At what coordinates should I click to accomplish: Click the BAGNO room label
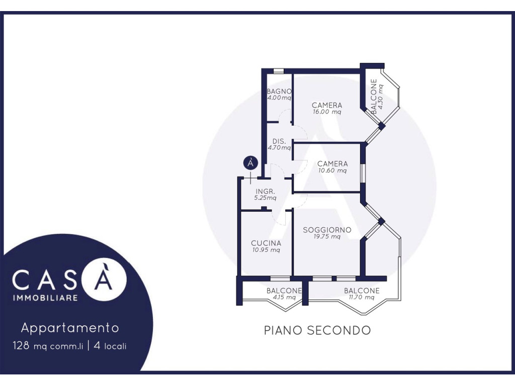click(x=279, y=91)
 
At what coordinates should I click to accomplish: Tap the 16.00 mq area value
click(x=327, y=112)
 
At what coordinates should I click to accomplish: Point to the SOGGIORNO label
click(x=327, y=230)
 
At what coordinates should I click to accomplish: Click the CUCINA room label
click(x=266, y=243)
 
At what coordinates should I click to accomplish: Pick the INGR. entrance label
click(x=266, y=191)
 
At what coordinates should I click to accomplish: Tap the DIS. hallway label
click(x=279, y=141)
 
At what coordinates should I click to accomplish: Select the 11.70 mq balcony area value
click(x=362, y=298)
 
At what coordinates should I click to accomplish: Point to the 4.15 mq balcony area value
click(x=284, y=298)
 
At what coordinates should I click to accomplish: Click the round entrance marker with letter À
click(x=250, y=163)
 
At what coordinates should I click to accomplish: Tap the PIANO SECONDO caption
click(x=317, y=330)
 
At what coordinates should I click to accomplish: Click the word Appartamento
click(x=70, y=328)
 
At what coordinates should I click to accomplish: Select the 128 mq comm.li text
click(x=48, y=346)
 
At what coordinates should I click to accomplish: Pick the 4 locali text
click(x=110, y=346)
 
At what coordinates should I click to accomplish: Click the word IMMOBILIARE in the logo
click(x=45, y=298)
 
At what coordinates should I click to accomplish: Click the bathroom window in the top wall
click(x=279, y=71)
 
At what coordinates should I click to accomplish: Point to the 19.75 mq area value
click(x=327, y=237)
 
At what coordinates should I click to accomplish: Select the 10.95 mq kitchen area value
click(x=266, y=250)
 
